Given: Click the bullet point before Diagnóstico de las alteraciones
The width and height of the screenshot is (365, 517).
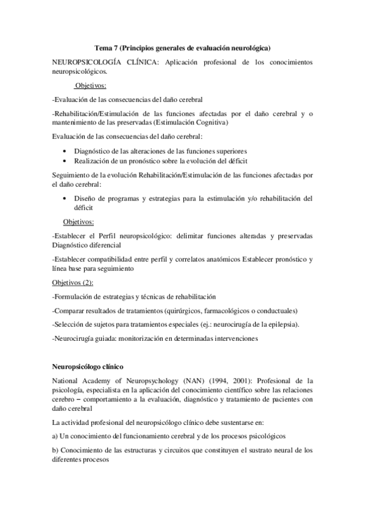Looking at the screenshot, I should point(66,151).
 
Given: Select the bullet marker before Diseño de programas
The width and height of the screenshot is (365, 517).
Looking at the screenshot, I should point(66,198).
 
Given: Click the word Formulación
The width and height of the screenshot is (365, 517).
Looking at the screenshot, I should point(74,296).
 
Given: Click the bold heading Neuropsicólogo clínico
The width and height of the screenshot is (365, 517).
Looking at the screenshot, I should point(88,366).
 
